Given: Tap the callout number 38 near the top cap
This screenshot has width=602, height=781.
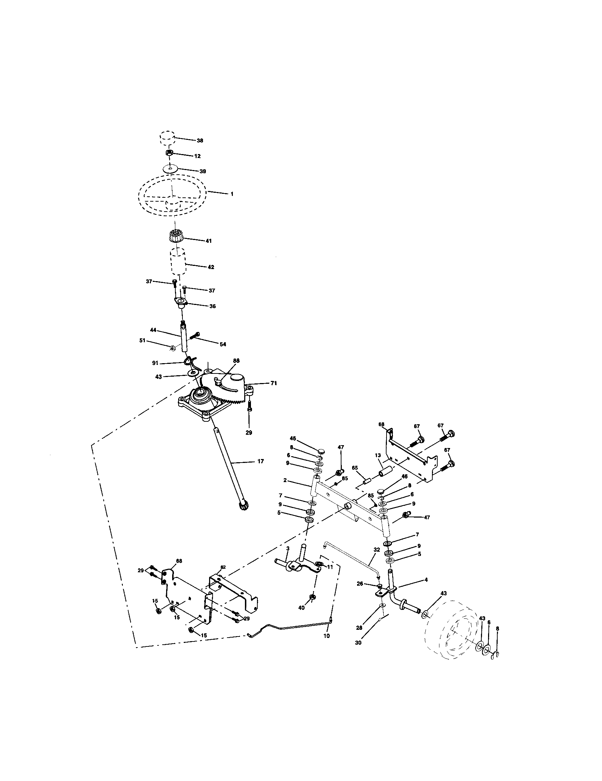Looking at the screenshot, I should pyautogui.click(x=200, y=141).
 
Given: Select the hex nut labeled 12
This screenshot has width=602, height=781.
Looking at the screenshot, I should pyautogui.click(x=170, y=153).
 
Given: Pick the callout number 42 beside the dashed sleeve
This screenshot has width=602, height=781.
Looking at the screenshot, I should pyautogui.click(x=211, y=267).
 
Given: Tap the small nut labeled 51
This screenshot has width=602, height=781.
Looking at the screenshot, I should pyautogui.click(x=172, y=347).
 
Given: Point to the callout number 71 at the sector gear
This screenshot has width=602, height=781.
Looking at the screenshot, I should pyautogui.click(x=274, y=383).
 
